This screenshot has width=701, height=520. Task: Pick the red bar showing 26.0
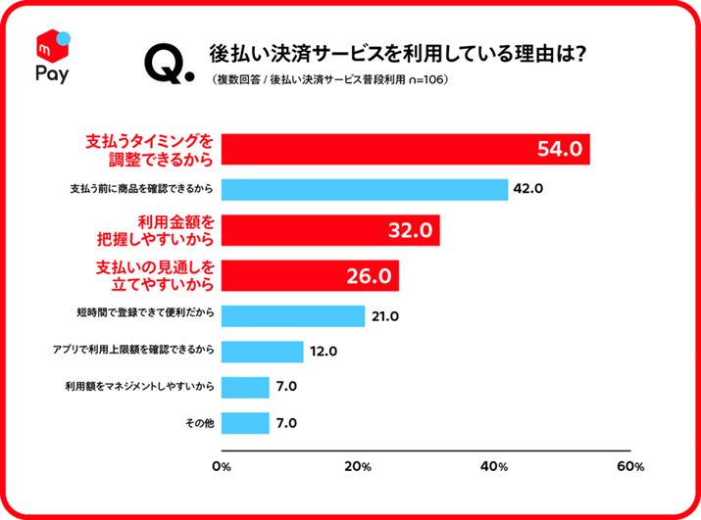coord(310,274)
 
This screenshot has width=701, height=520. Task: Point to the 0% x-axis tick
coord(222,465)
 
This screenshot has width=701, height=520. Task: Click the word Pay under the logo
coord(52,74)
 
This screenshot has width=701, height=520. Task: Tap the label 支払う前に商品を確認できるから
coord(143,189)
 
